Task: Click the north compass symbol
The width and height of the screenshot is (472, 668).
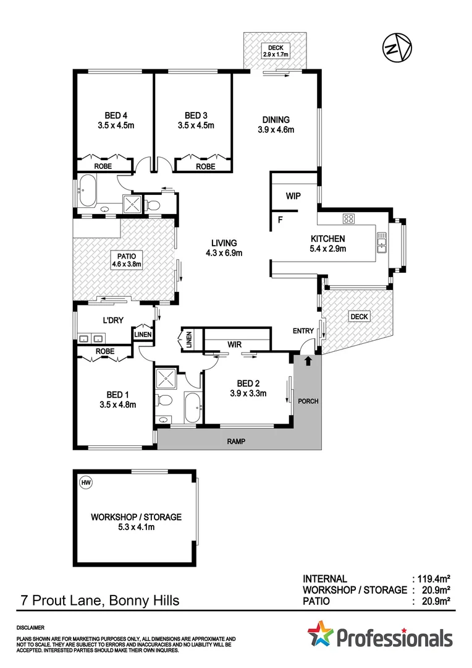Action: click(x=396, y=48)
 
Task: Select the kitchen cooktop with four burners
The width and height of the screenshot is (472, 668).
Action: click(x=348, y=218)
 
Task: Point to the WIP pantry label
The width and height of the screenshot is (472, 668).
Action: click(x=293, y=196)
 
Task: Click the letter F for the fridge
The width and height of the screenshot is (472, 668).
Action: click(x=280, y=219)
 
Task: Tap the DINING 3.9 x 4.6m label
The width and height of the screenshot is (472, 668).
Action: click(x=276, y=125)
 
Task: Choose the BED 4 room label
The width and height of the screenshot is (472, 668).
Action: click(x=116, y=120)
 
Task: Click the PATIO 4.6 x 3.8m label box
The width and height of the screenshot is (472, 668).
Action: click(x=127, y=260)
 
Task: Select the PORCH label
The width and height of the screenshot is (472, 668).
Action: click(x=308, y=401)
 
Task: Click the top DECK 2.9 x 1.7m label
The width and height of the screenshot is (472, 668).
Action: click(x=274, y=50)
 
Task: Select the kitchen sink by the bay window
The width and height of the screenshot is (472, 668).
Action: click(x=381, y=242)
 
